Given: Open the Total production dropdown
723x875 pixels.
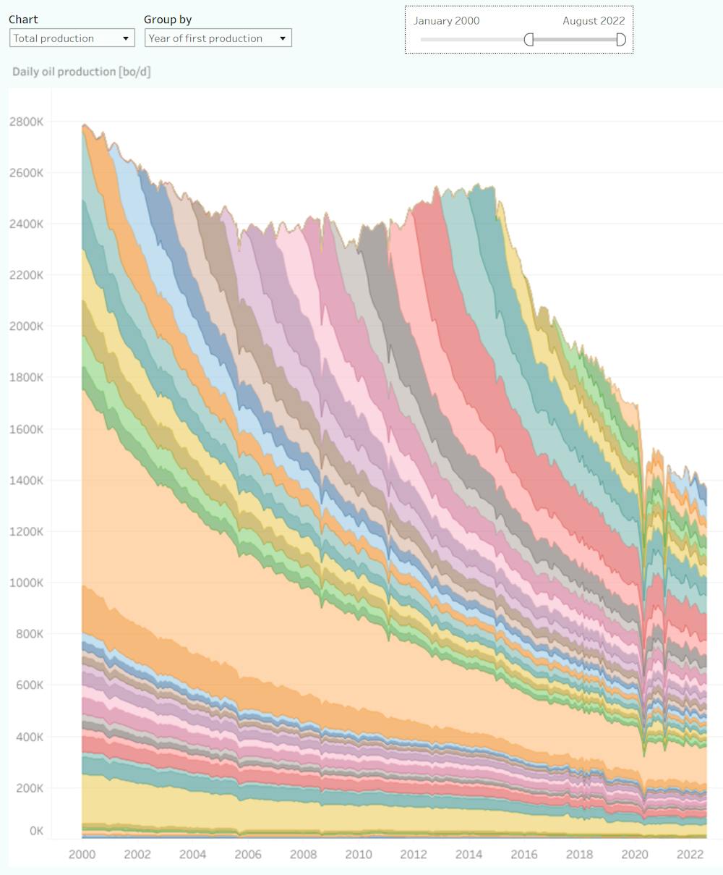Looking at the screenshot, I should [x=72, y=38].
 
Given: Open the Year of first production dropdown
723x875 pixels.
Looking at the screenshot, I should [x=218, y=38].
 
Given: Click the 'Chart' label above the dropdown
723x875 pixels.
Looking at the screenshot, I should [x=23, y=20].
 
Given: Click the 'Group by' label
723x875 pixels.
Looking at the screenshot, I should [x=168, y=20].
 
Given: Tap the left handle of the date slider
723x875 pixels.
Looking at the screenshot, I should [x=529, y=39].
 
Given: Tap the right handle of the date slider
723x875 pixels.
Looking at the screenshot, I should [x=620, y=39].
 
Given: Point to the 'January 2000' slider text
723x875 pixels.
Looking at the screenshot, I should [x=446, y=21].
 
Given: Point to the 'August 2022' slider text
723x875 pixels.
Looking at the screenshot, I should [x=594, y=21].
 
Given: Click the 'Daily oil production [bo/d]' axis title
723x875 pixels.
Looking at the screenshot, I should [x=81, y=72].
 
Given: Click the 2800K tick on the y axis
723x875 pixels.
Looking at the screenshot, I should [x=27, y=122].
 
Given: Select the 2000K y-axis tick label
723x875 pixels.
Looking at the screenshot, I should [x=27, y=326].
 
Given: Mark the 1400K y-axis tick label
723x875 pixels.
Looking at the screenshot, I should [x=27, y=481].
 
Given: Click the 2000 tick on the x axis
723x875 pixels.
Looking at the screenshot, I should [x=82, y=854].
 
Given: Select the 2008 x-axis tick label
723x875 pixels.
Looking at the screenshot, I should [x=303, y=854].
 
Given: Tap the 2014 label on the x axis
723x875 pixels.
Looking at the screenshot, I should [x=469, y=854].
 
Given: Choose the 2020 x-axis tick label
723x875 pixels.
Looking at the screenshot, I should [x=635, y=854].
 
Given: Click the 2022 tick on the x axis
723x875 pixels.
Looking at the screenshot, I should [x=690, y=854].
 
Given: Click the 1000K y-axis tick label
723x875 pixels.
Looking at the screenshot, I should [x=27, y=583].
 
